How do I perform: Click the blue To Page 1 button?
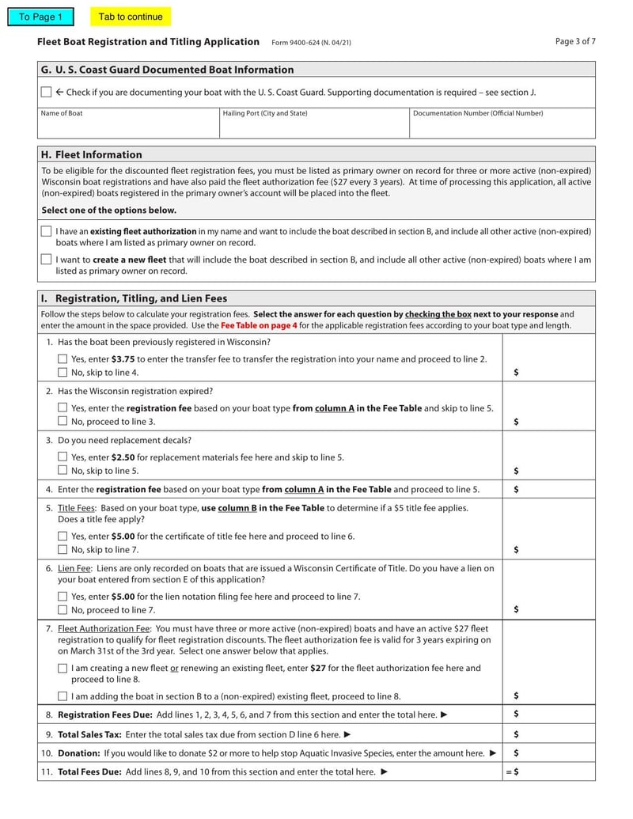point(40,17)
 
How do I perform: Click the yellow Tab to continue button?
point(131,17)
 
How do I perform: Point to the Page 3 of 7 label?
point(575,42)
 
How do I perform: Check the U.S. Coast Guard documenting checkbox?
point(46,93)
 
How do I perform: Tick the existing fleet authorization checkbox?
point(46,232)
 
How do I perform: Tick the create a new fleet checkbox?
point(46,260)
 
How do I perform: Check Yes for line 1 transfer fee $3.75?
point(63,359)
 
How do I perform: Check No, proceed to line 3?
point(63,422)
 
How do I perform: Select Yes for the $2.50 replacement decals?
point(63,457)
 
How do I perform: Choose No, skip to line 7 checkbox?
point(63,550)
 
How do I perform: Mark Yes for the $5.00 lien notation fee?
point(63,597)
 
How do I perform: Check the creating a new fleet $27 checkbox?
point(63,669)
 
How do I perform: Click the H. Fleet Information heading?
point(91,154)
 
